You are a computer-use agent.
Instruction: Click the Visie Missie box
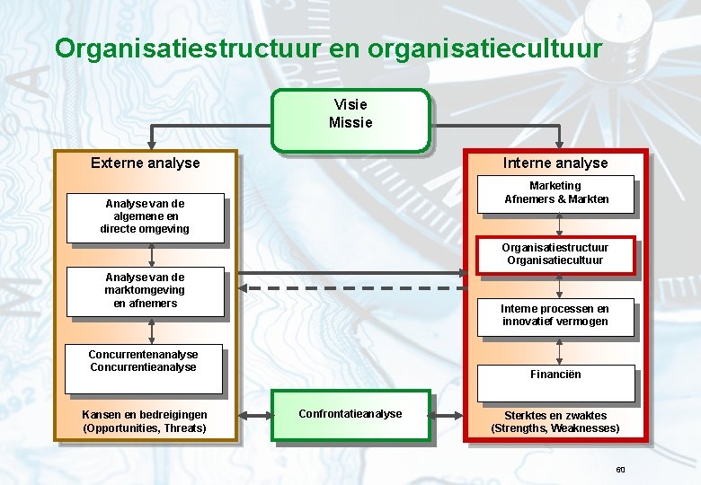tap(350, 119)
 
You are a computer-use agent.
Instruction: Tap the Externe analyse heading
tap(146, 163)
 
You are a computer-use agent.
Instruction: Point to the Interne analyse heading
tap(555, 163)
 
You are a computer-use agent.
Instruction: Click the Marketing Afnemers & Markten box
tap(555, 194)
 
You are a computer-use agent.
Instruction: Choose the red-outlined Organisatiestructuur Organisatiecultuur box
tap(555, 254)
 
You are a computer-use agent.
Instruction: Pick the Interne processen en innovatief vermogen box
tap(555, 316)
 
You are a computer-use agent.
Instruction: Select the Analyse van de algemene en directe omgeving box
tap(145, 218)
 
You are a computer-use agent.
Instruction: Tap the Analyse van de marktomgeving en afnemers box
tap(145, 292)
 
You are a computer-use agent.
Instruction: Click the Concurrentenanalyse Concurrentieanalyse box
tap(144, 368)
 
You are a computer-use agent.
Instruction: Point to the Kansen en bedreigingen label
tap(145, 415)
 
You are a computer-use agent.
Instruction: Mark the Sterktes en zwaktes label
tap(555, 416)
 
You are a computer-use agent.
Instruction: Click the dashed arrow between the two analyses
tap(350, 289)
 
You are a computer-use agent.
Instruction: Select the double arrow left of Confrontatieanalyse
tap(255, 416)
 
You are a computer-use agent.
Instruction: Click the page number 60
tap(620, 470)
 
